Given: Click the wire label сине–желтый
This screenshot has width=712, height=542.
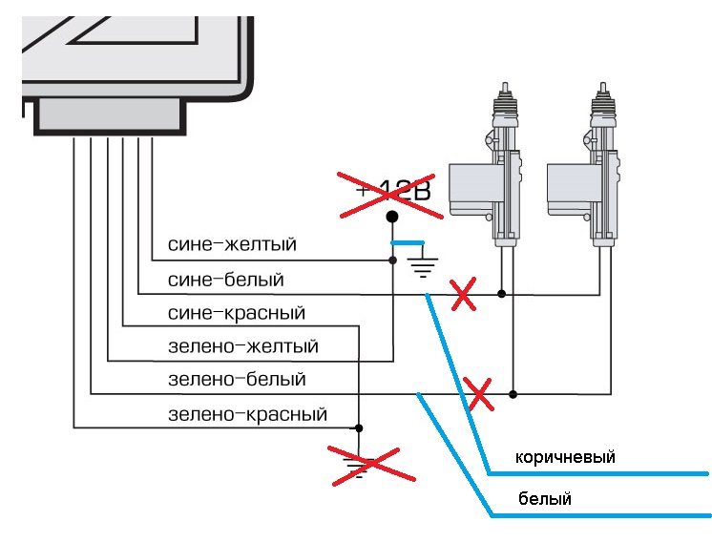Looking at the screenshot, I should (232, 245).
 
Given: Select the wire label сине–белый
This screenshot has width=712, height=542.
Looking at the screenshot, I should (225, 280).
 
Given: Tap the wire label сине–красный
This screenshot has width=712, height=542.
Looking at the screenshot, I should (236, 313).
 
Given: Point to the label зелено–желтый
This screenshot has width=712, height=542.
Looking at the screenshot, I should (242, 346).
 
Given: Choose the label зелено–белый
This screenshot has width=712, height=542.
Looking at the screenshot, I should (237, 380).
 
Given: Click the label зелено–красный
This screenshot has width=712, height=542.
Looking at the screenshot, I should (247, 414).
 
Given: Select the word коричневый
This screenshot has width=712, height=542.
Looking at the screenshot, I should (565, 457).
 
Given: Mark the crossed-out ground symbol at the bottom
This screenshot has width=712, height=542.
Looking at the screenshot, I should (360, 465).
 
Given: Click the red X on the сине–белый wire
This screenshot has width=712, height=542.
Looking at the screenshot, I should (463, 297).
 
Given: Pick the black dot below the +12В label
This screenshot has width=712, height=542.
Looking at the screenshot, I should (391, 218).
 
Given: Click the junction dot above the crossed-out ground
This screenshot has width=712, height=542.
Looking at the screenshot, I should (359, 427).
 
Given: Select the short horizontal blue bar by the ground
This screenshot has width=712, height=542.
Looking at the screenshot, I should (408, 244).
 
